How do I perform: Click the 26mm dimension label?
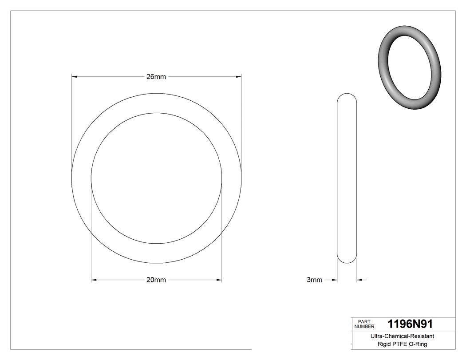[x=156, y=77]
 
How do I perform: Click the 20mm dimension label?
[x=156, y=280]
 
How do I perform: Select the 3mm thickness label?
[x=314, y=280]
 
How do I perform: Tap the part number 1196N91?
[x=410, y=324]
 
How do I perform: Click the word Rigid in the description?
[x=386, y=344]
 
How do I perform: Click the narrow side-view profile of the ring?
[x=347, y=178]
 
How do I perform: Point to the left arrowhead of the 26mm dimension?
[x=75, y=77]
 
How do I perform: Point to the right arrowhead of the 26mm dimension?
[x=238, y=77]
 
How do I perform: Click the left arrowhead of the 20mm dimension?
[x=94, y=280]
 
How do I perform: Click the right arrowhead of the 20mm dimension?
[x=219, y=280]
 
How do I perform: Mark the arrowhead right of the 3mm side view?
[x=360, y=280]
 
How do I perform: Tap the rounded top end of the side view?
[x=347, y=95]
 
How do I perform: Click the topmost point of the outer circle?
[x=156, y=93]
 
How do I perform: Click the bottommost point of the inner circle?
[x=156, y=244]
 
